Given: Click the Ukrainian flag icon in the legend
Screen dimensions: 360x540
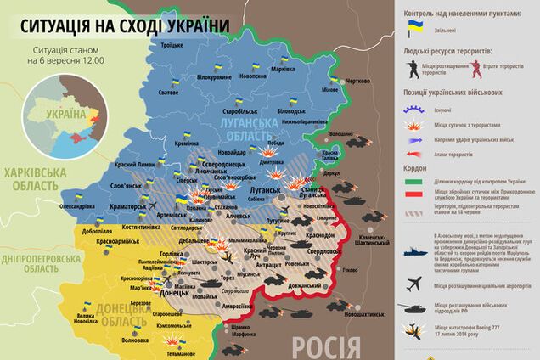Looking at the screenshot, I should click(416, 28).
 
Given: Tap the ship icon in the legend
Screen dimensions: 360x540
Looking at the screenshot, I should click(414, 252).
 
